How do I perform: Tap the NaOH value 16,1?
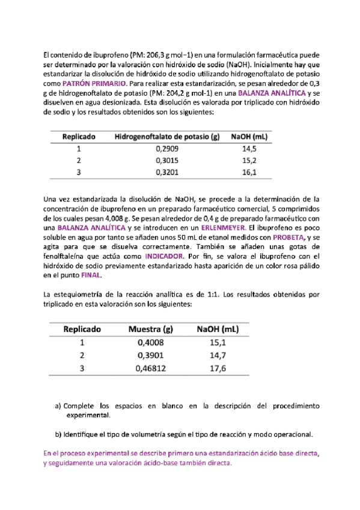point(249,173)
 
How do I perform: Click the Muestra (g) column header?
point(151,329)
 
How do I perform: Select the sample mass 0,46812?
point(151,369)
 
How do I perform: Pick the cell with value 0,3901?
point(151,355)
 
